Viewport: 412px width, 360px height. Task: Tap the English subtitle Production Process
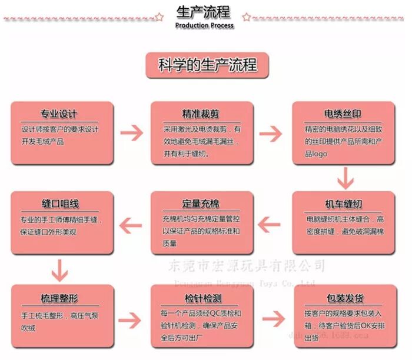(204, 25)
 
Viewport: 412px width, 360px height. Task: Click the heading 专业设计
(59, 114)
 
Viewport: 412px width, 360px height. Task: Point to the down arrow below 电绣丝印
(345, 177)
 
